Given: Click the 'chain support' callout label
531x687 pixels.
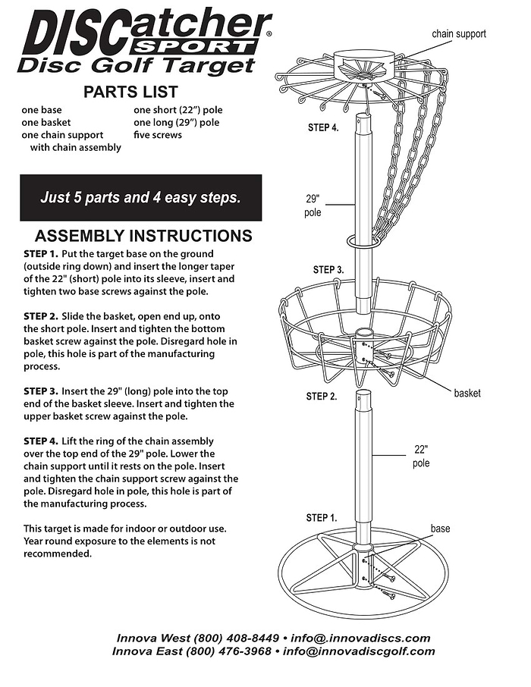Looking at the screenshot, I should click(459, 33).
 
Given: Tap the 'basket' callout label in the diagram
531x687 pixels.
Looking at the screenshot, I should click(467, 393).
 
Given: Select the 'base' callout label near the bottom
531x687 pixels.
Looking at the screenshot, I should click(441, 528).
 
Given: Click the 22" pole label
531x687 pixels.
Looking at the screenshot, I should click(422, 456).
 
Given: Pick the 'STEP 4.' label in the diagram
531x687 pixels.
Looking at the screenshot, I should click(323, 127).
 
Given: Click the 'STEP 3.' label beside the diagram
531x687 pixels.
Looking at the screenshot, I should click(328, 270).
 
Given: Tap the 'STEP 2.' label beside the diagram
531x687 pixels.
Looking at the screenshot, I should click(322, 396).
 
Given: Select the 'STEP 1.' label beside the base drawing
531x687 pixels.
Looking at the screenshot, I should click(322, 517).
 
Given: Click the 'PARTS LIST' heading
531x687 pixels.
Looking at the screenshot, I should click(130, 93).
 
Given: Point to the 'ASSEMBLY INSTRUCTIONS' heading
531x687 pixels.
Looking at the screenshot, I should click(143, 236).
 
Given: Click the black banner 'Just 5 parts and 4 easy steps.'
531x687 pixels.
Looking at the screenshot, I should click(140, 198).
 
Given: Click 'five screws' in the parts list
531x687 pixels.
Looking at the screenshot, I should click(158, 135).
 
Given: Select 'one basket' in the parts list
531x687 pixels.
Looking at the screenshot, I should click(46, 122).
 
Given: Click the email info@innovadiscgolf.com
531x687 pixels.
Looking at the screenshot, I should click(359, 651).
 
